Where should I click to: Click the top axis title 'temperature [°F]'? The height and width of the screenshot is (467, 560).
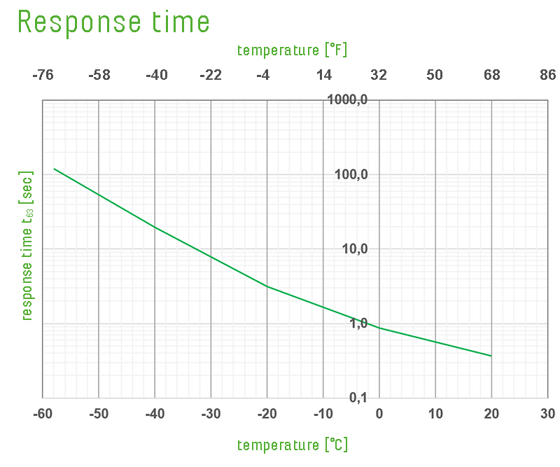tap(292, 50)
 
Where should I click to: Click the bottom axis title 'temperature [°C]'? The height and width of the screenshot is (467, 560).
tap(292, 445)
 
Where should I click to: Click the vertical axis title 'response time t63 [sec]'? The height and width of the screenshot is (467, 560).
tap(27, 246)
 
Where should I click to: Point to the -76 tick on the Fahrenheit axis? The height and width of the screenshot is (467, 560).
tap(43, 76)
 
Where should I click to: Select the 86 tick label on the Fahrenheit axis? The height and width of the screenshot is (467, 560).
tap(547, 76)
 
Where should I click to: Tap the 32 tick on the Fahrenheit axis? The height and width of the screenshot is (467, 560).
tap(379, 76)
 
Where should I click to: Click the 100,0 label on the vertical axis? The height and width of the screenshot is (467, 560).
tap(351, 174)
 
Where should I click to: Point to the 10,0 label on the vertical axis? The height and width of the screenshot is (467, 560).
tap(353, 249)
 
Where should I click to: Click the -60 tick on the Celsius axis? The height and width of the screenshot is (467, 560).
tap(43, 414)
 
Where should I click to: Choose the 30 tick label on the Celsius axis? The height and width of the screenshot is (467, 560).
tap(547, 414)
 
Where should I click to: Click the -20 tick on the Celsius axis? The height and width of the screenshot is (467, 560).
tap(267, 414)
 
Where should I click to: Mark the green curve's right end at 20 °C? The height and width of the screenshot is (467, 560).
tap(491, 356)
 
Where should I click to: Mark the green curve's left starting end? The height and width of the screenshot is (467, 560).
tap(55, 169)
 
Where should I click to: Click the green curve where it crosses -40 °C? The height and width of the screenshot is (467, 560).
tap(155, 228)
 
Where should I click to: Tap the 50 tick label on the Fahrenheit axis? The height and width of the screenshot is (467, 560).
tap(435, 76)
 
